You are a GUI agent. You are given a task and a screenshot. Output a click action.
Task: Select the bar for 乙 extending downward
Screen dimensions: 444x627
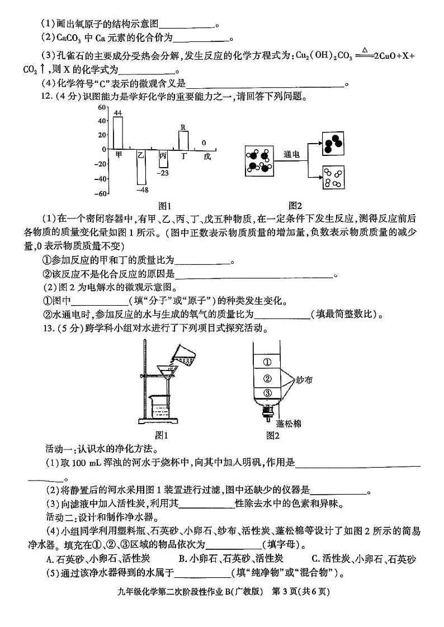click(x=141, y=167)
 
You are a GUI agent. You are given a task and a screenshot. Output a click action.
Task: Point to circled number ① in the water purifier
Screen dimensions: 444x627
click(x=267, y=360)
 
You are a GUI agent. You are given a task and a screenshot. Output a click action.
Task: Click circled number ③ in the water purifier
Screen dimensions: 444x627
click(x=267, y=392)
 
